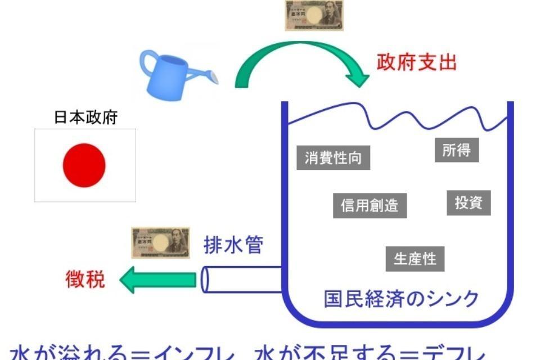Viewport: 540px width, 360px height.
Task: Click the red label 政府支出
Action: click(x=416, y=62)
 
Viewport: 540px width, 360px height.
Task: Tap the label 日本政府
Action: click(x=85, y=118)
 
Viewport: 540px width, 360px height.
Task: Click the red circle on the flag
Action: click(x=84, y=165)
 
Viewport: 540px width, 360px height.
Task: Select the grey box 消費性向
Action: click(x=333, y=157)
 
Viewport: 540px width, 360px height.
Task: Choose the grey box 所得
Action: click(x=456, y=150)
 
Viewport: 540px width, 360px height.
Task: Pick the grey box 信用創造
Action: click(x=369, y=205)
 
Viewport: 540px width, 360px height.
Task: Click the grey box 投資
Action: click(x=469, y=202)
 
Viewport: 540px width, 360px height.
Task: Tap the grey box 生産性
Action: click(x=415, y=259)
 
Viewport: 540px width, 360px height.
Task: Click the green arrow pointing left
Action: click(x=157, y=280)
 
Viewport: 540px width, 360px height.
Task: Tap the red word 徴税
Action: click(x=85, y=279)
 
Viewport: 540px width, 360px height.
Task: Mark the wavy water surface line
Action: click(x=394, y=112)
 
